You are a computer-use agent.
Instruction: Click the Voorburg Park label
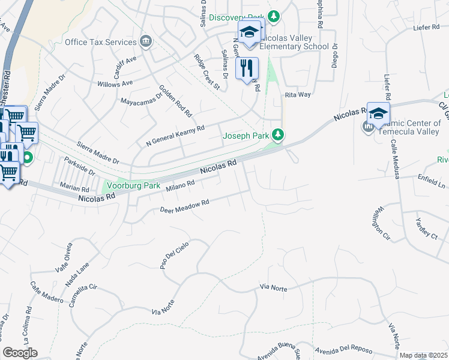tap(133, 186)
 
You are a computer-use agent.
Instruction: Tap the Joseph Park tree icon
tap(277, 135)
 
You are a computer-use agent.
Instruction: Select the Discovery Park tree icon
tap(274, 16)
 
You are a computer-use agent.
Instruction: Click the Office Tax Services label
tap(100, 42)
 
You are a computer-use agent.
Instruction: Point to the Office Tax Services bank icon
tap(145, 41)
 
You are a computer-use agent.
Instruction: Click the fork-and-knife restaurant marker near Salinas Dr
tap(247, 70)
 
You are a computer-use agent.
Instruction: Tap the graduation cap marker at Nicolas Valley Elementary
tap(251, 31)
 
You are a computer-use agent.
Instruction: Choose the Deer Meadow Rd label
tap(184, 206)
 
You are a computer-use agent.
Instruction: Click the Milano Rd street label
tap(181, 186)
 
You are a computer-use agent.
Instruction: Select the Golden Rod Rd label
tap(175, 100)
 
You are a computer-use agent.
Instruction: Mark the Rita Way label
tap(298, 95)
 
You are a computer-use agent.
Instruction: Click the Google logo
tap(20, 353)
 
